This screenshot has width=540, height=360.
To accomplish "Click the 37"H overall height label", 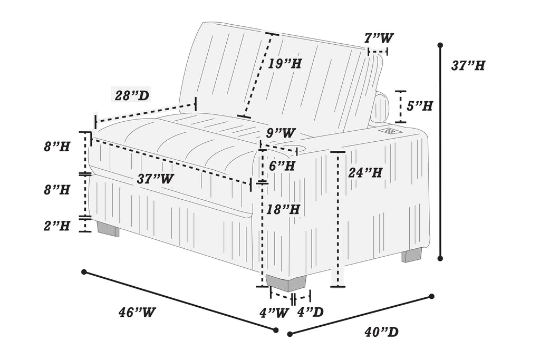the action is click(x=468, y=65).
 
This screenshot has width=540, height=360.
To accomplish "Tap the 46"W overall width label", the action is click(x=137, y=312).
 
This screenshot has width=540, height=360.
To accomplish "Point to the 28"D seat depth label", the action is click(x=132, y=95).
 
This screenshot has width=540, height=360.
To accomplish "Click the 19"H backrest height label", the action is click(x=284, y=63).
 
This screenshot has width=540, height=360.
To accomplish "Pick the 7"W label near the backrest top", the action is click(x=379, y=37).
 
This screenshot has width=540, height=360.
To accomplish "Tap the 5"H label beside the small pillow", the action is click(x=419, y=105).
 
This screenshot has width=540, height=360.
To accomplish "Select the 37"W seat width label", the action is click(x=156, y=179).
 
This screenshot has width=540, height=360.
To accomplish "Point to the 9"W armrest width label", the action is click(x=281, y=132).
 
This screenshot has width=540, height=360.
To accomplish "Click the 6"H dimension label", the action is click(x=282, y=166).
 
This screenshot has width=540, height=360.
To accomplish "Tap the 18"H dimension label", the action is click(x=283, y=209).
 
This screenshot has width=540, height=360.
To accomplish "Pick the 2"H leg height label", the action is click(x=57, y=226).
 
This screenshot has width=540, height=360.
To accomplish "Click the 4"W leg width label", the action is click(x=274, y=313).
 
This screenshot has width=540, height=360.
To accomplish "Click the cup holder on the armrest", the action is click(x=301, y=149).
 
